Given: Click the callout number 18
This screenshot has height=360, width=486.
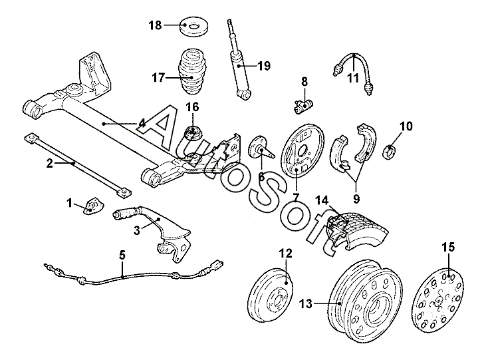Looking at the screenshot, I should click(154, 26).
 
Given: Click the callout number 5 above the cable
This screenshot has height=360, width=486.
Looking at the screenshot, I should click(122, 254).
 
